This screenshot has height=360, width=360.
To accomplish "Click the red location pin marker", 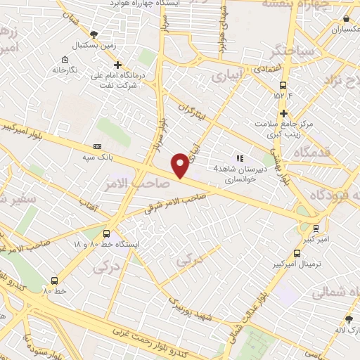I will (x=181, y=165).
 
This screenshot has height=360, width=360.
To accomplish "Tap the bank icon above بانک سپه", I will (x=97, y=146).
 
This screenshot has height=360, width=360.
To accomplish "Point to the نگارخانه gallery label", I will (x=64, y=70).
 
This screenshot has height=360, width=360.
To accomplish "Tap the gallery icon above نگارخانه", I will (x=65, y=60).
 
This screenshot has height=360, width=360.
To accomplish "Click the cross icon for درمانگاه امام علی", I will (x=117, y=65).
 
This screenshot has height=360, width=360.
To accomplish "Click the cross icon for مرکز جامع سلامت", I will (x=283, y=113).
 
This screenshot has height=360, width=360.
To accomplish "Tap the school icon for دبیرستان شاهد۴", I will (x=240, y=159).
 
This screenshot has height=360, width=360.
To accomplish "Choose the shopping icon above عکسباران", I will (x=346, y=20).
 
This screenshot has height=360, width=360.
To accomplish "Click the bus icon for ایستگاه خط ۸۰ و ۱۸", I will (x=106, y=233).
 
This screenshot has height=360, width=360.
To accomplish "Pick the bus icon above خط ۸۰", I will (x=54, y=279).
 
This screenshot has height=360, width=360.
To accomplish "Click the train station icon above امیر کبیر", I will (x=316, y=228).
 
